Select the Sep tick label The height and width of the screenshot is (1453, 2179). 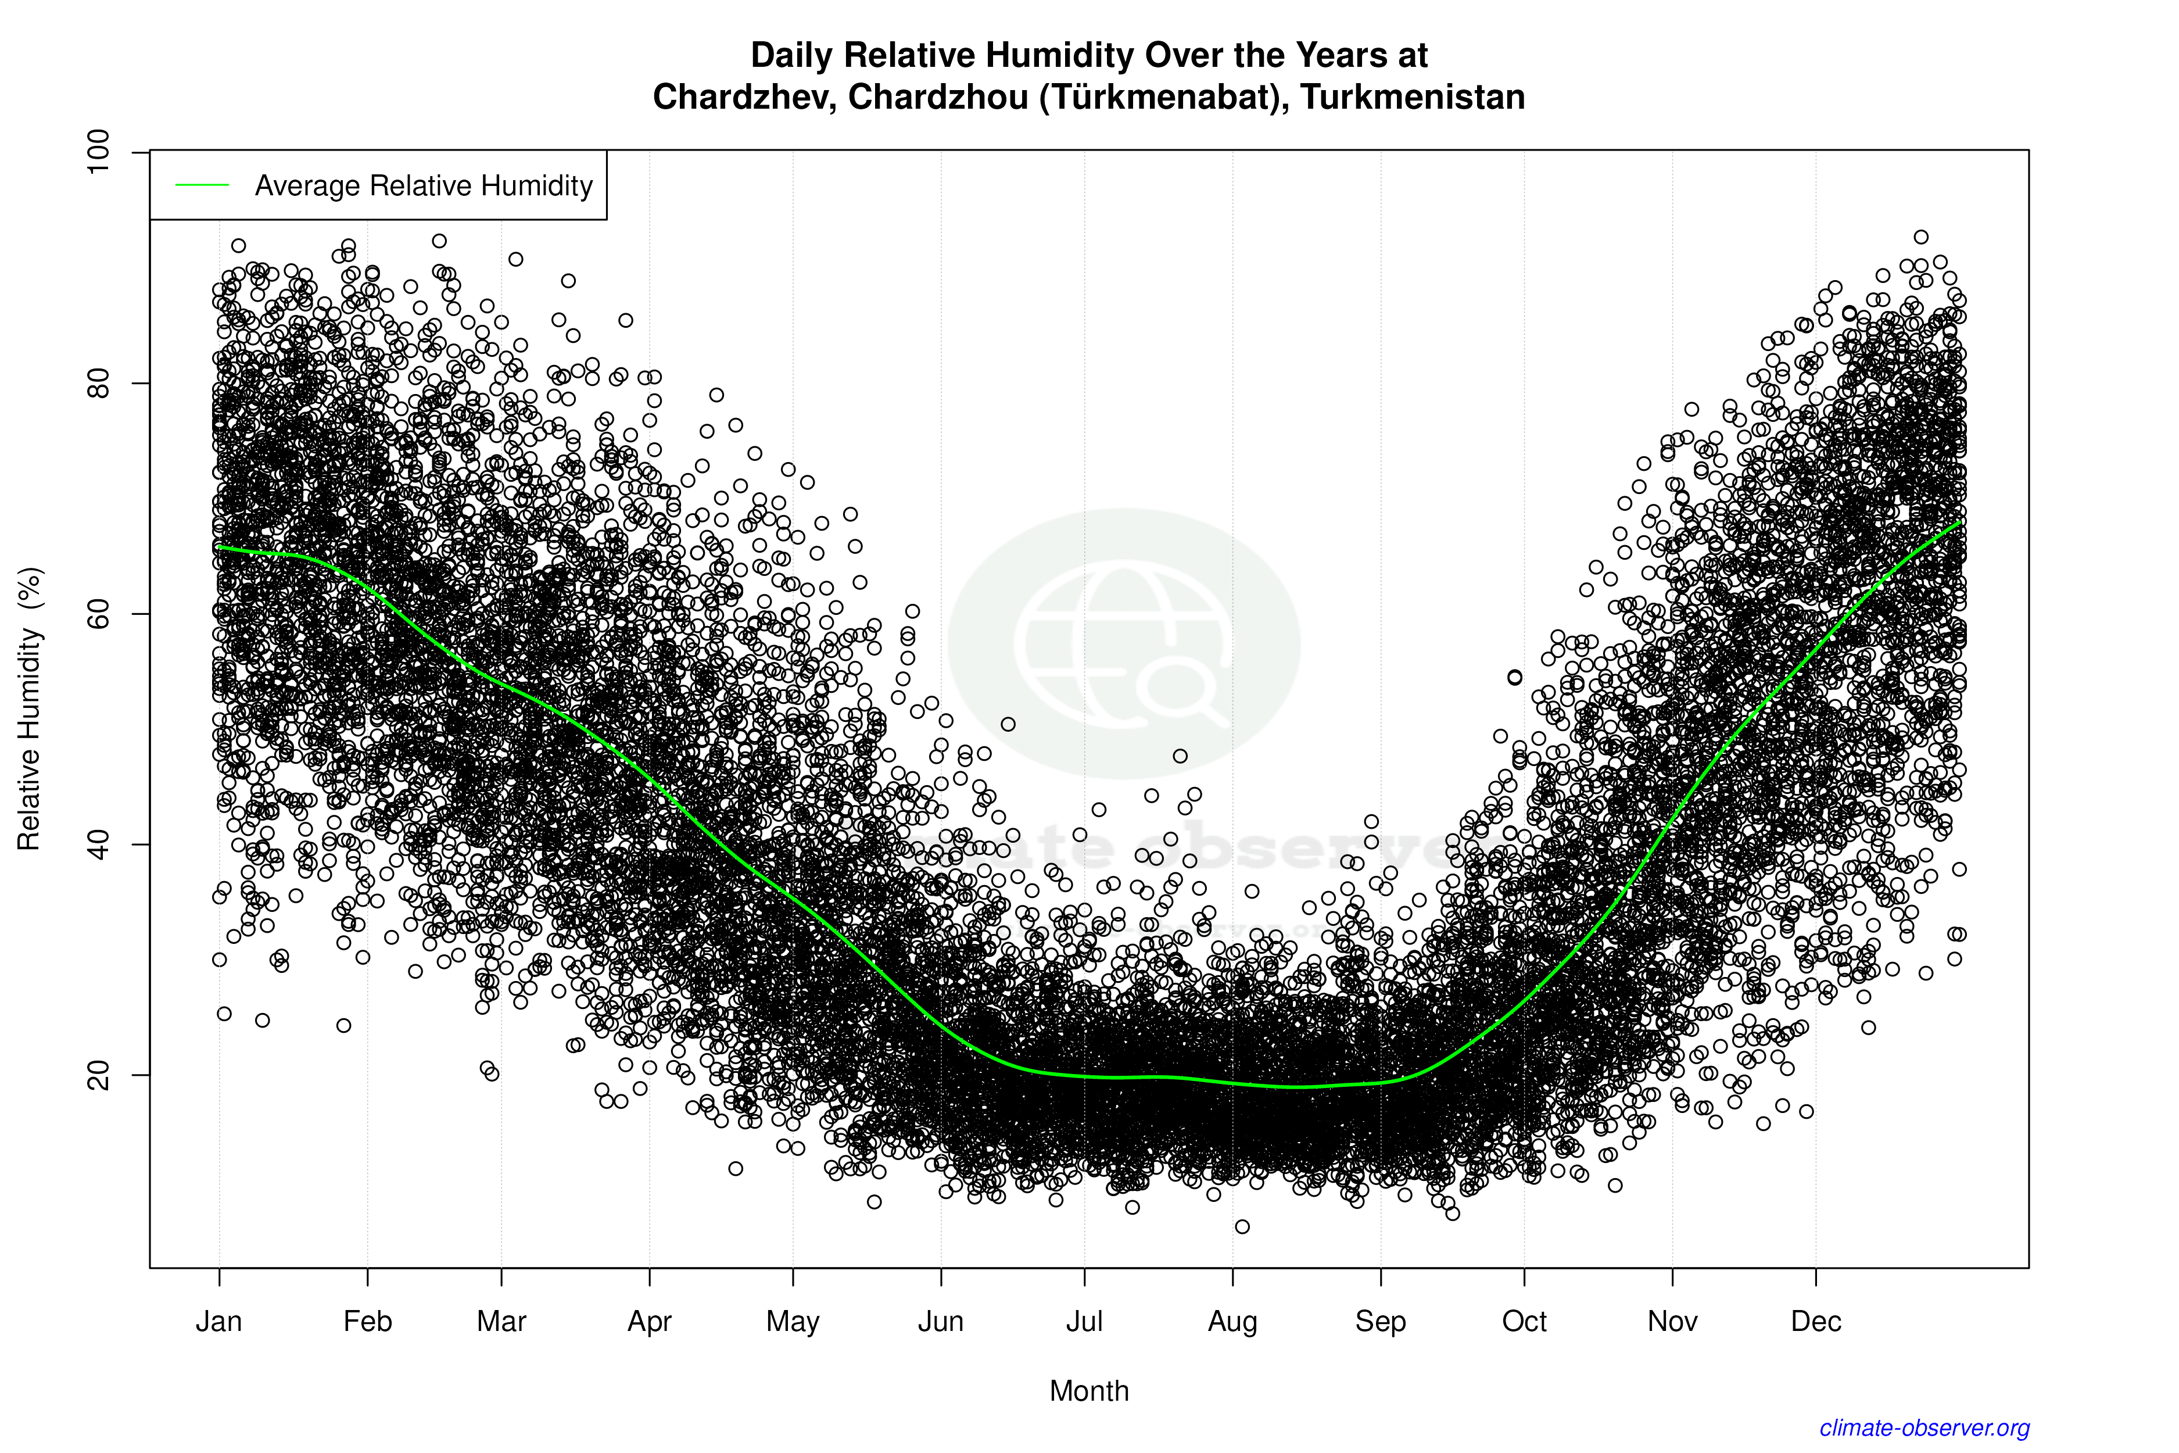pyautogui.click(x=1381, y=1322)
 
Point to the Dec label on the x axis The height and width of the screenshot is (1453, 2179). pyautogui.click(x=1816, y=1322)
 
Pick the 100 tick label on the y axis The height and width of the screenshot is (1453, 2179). pyautogui.click(x=97, y=151)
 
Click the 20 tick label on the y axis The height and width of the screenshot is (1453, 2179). pyautogui.click(x=97, y=1075)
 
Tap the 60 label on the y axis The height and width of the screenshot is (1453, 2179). pyautogui.click(x=97, y=613)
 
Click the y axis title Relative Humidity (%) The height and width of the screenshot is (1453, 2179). pyautogui.click(x=30, y=709)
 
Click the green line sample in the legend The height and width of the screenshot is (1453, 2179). pyautogui.click(x=202, y=185)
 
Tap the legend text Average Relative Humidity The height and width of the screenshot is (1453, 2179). pyautogui.click(x=424, y=185)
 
